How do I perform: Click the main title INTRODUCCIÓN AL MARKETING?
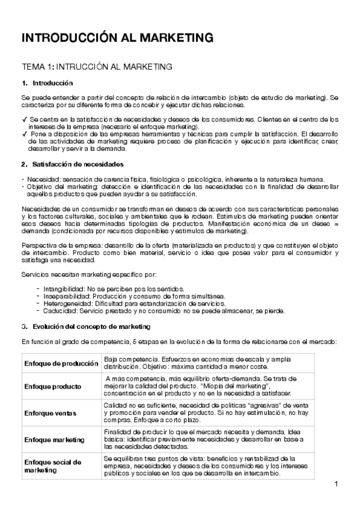(117, 38)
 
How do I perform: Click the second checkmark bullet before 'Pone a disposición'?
(24, 134)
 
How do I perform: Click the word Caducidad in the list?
(59, 311)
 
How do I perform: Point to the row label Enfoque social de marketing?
(52, 465)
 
